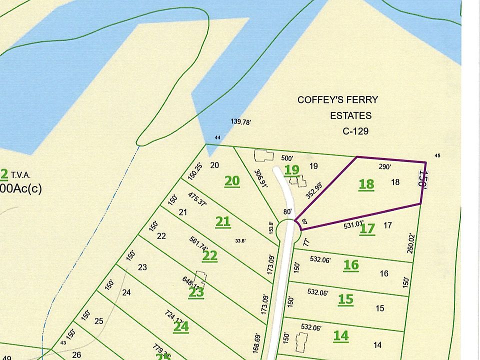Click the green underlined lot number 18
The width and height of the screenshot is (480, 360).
[366, 184]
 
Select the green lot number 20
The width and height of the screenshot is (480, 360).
[232, 180]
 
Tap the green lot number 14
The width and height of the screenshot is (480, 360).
[341, 335]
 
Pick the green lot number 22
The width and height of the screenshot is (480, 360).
[210, 256]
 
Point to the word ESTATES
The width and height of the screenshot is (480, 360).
[350, 116]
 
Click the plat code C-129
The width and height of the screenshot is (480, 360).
[352, 131]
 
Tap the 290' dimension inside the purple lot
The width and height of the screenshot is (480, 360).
[384, 167]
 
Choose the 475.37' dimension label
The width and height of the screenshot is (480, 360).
[198, 202]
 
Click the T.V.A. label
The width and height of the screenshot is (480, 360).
[20, 175]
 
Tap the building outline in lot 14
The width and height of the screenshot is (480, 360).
[301, 343]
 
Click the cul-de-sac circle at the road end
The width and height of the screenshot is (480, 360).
[288, 231]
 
